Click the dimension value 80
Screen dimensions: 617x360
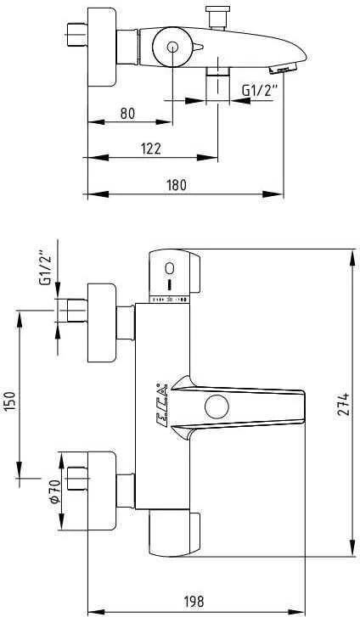tap(127, 112)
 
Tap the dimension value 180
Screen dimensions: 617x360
tap(176, 184)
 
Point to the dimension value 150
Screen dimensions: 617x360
tap(11, 401)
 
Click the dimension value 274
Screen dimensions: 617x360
tap(342, 402)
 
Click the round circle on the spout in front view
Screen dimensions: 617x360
tap(217, 407)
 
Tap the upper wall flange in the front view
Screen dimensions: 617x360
tap(102, 323)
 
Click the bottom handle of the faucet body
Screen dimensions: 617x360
tap(176, 534)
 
